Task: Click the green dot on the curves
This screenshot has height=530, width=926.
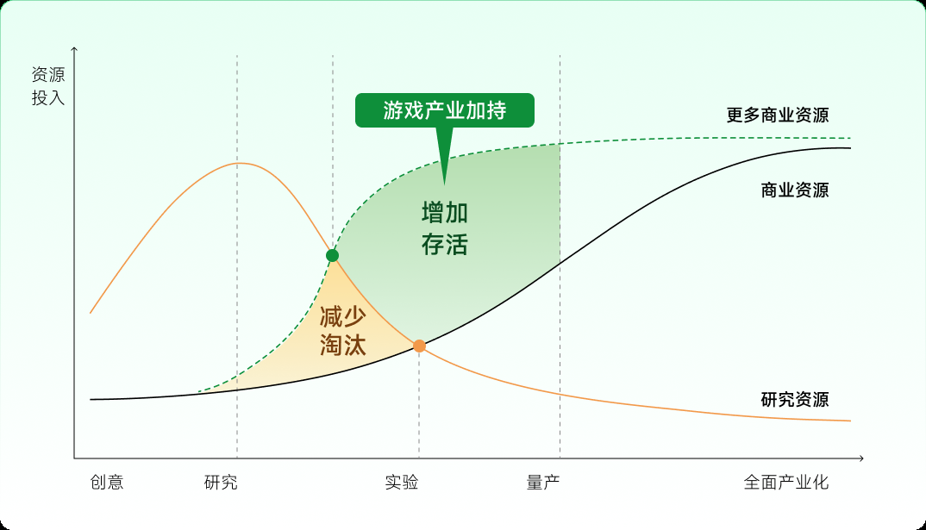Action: (333, 255)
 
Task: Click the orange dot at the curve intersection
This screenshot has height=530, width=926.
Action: (419, 346)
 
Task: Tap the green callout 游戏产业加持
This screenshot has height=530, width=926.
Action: (445, 110)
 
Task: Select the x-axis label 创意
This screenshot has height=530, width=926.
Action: (107, 483)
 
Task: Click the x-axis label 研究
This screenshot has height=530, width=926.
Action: (221, 483)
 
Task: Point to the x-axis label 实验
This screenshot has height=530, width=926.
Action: (402, 483)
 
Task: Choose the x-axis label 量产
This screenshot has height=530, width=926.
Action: (542, 483)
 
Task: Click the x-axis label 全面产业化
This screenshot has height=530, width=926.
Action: (786, 483)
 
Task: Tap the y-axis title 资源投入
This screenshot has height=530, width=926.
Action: (47, 86)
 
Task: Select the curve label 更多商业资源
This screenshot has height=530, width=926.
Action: (777, 115)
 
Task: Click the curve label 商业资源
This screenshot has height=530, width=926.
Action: (794, 190)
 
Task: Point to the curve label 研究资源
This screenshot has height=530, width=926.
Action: (794, 400)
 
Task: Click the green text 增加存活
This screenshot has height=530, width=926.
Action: (445, 228)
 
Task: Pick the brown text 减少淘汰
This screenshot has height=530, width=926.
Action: (343, 331)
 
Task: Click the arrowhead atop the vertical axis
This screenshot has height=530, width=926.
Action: (74, 49)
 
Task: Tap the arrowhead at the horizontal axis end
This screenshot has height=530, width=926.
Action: (861, 458)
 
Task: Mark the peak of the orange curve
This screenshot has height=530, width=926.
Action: (239, 163)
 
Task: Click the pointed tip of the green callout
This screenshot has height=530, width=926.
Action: (445, 184)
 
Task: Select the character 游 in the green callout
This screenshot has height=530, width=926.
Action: (392, 110)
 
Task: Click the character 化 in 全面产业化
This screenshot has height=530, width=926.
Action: (821, 483)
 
